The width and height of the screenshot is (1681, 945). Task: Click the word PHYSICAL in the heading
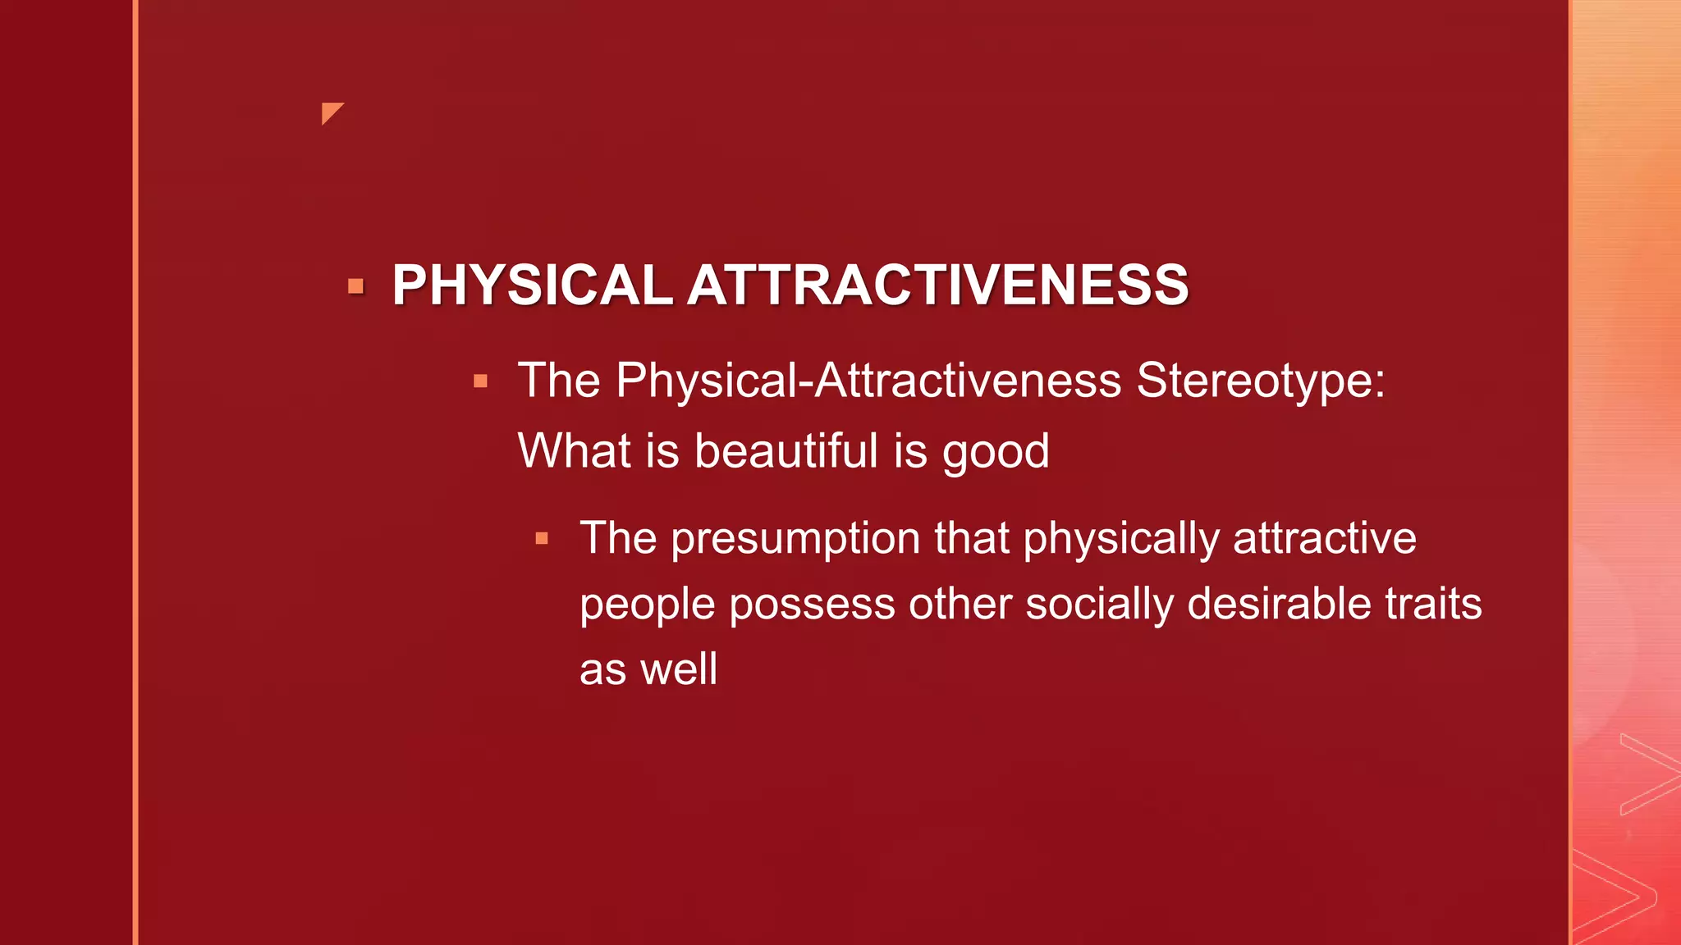(532, 285)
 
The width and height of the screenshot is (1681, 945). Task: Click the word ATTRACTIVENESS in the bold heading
(937, 285)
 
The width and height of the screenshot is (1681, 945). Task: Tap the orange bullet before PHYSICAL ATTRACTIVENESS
(355, 286)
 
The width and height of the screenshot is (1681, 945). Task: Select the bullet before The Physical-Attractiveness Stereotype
(481, 381)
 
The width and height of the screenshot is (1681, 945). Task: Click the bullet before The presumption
(542, 539)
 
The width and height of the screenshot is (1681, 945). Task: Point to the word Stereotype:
(1260, 381)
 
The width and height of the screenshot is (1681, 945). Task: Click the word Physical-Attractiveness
(868, 381)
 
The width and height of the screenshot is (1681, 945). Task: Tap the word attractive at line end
(1324, 539)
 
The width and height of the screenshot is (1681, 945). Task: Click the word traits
(1433, 604)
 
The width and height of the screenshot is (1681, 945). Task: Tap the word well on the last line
(678, 669)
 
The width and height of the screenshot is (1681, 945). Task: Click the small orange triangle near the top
(330, 112)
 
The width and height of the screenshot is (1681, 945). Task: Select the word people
(648, 605)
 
